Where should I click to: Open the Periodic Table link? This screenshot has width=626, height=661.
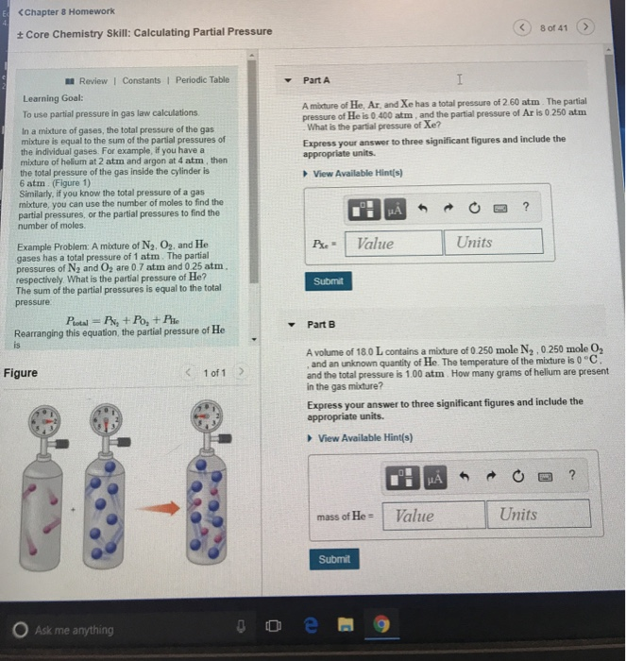tap(205, 80)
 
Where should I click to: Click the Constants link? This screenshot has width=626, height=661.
tap(142, 80)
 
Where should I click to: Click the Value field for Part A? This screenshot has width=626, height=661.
tap(394, 243)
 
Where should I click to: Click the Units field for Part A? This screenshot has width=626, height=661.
tap(494, 243)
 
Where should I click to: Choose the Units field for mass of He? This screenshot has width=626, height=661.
tap(539, 515)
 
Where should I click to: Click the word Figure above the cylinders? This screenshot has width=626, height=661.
tap(21, 373)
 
